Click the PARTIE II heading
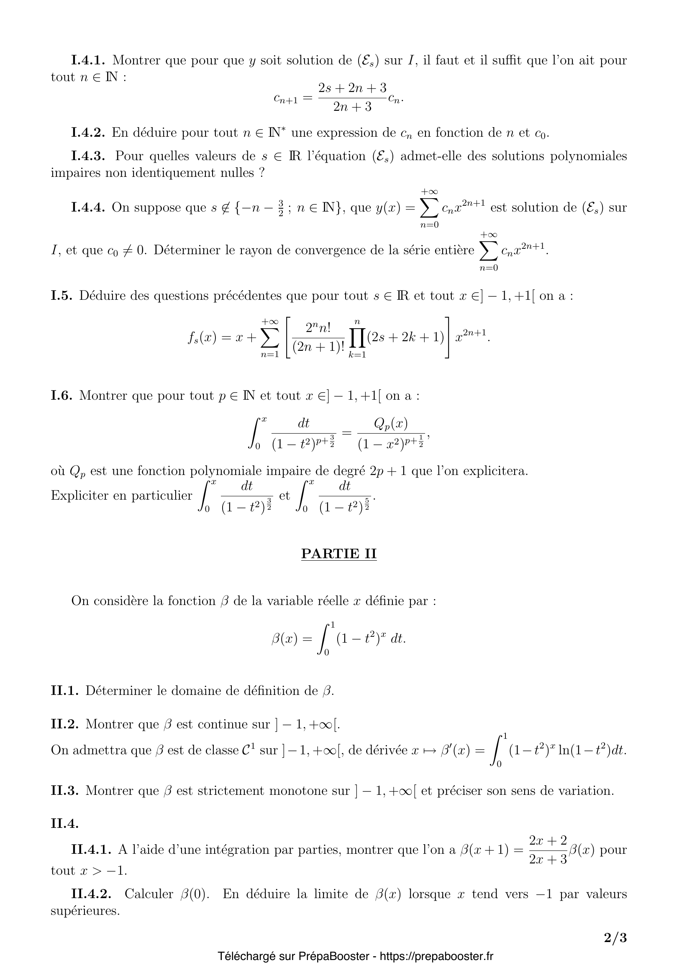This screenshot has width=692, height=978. [x=339, y=553]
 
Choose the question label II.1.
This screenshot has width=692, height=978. [x=65, y=690]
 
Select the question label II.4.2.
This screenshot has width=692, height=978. [x=91, y=894]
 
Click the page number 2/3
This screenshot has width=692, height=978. [x=615, y=938]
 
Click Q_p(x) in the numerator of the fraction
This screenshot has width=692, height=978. [x=390, y=424]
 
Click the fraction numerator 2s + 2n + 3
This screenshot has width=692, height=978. [x=352, y=88]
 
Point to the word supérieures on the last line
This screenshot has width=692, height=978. [x=85, y=911]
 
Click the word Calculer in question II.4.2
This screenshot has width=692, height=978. [x=149, y=894]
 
